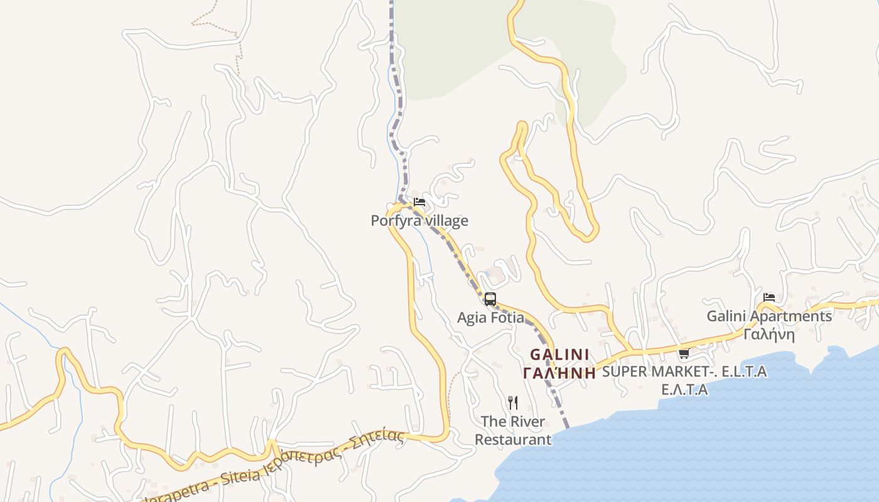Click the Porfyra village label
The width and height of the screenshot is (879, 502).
click(419, 221)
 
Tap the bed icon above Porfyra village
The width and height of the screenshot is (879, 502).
click(419, 202)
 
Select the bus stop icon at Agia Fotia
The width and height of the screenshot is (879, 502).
click(490, 299)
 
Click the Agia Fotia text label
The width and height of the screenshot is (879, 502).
click(490, 318)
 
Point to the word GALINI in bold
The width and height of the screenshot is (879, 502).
click(559, 355)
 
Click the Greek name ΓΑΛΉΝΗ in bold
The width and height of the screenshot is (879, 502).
click(559, 373)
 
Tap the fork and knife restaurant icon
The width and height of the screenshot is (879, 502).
click(513, 402)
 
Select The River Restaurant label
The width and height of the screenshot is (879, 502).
click(513, 430)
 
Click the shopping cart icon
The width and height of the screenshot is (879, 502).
click(684, 354)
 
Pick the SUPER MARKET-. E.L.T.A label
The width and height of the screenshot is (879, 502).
click(684, 371)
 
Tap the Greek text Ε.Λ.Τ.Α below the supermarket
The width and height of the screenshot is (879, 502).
click(684, 390)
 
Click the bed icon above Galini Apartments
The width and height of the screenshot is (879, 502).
click(769, 297)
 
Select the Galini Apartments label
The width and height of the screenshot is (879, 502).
click(769, 316)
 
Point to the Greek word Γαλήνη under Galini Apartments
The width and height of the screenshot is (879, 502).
click(769, 334)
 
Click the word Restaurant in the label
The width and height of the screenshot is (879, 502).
click(513, 439)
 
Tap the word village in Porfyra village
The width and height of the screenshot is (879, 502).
click(446, 221)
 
